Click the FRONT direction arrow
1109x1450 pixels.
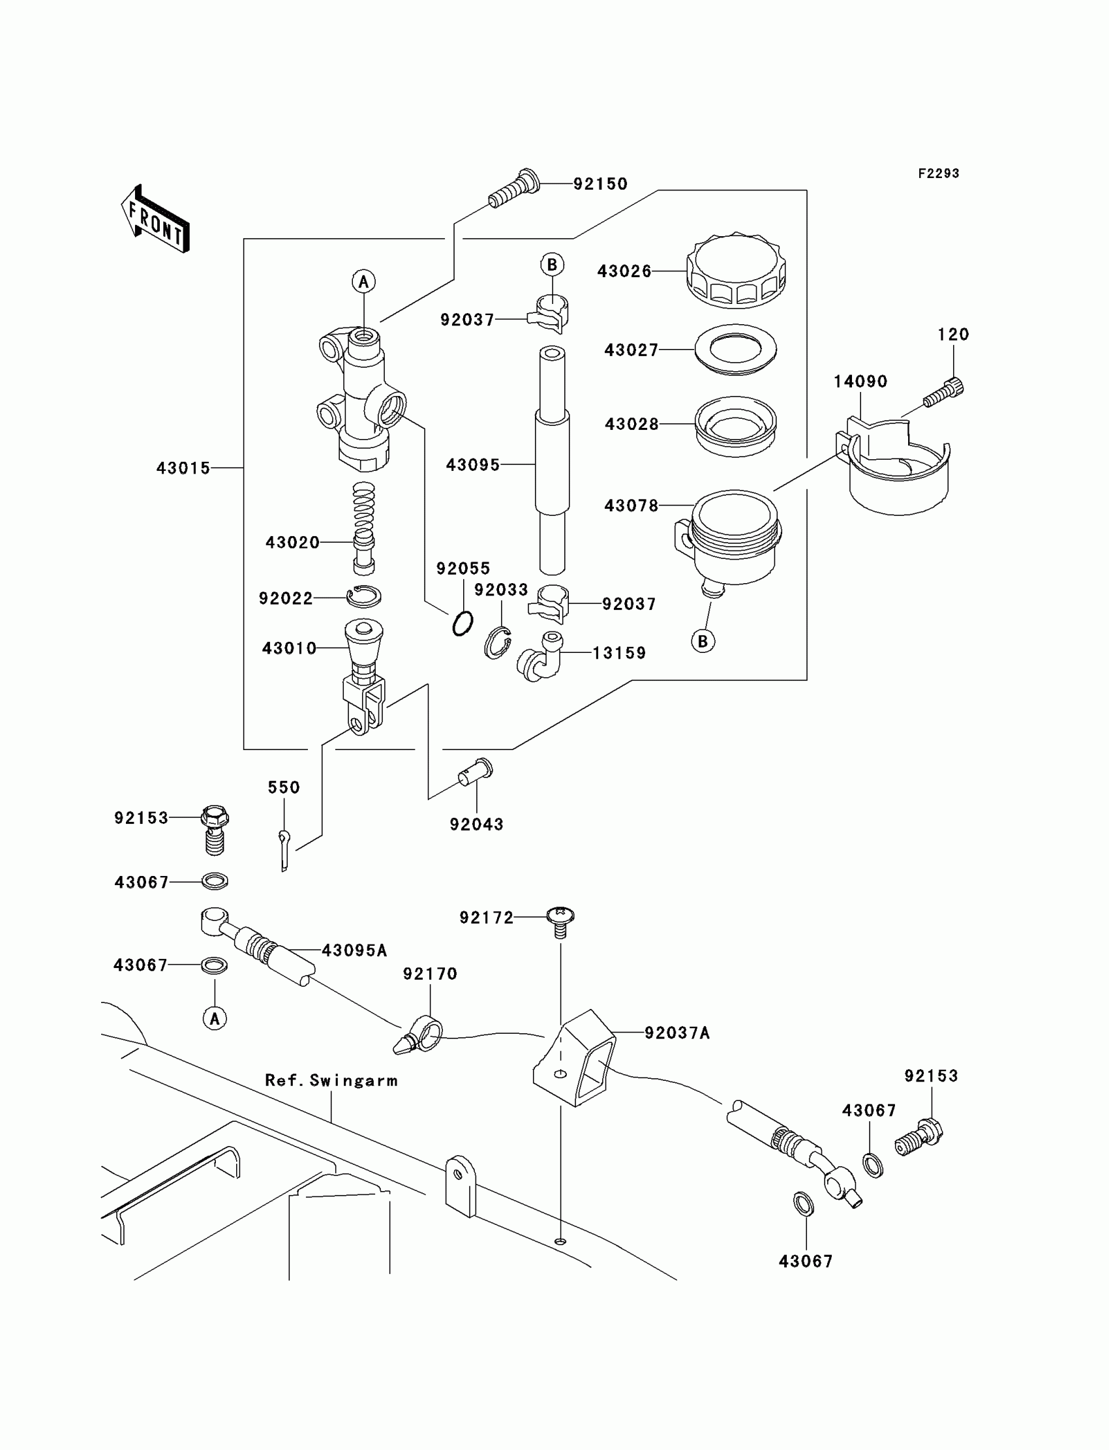[x=156, y=219]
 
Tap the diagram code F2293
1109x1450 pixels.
[x=938, y=174]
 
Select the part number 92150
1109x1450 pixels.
[x=600, y=184]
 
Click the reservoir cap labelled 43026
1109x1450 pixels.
[x=736, y=271]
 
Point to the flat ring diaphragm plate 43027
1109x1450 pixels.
[x=735, y=349]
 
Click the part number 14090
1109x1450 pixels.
[x=860, y=382]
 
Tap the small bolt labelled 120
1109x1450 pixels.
[x=944, y=393]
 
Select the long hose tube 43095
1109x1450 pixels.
[x=552, y=462]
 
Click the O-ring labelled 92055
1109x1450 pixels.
[x=463, y=623]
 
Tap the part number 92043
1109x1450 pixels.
[x=477, y=824]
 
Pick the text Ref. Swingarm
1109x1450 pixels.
[x=331, y=1080]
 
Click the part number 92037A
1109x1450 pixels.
[x=676, y=1033]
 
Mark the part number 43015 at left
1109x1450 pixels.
[x=183, y=468]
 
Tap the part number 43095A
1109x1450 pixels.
[x=354, y=950]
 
